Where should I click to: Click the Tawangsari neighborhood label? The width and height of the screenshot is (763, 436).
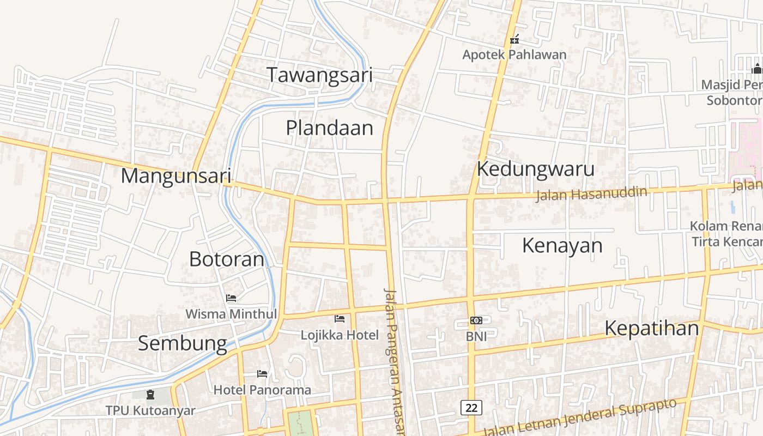319,75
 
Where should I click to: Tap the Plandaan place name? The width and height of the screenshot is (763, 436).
330,128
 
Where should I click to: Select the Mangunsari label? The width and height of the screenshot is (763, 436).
176,176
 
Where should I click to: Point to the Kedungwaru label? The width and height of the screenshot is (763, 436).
535,169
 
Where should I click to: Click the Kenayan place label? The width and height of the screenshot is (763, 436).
562,245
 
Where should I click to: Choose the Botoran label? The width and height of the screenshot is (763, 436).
226,259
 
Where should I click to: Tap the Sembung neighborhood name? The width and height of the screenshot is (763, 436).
182,343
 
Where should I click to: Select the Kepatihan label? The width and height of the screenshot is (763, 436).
651,328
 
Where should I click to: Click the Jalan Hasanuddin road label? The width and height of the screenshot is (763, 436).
591,193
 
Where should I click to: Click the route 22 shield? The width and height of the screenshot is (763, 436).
471,407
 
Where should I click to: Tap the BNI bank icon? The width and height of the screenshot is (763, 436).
476,320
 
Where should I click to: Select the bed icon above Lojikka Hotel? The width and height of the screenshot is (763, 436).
340,319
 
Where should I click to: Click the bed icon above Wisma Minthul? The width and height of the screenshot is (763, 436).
231,298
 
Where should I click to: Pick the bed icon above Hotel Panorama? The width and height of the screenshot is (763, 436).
262,374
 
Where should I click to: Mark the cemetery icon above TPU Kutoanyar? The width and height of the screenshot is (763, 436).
150,394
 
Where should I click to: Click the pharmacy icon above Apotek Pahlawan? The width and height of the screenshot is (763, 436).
514,39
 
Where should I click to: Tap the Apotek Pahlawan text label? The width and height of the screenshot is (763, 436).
514,55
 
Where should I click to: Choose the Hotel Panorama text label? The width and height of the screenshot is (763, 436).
262,390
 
